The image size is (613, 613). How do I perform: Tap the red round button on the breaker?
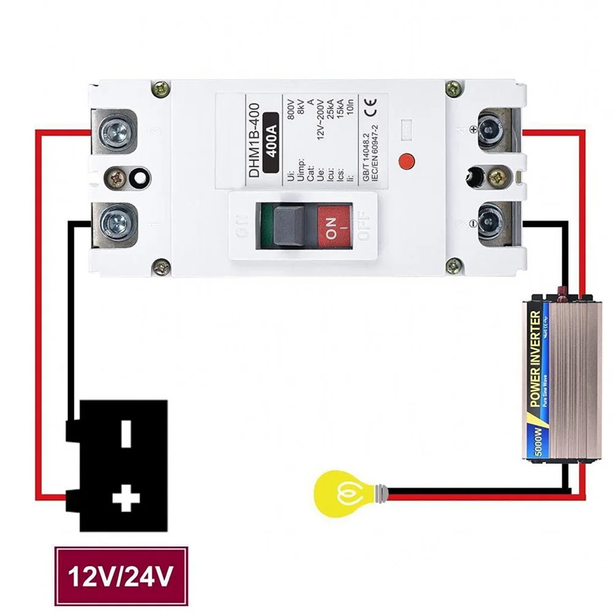(x=405, y=161)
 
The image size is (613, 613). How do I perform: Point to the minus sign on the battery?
(x=126, y=434)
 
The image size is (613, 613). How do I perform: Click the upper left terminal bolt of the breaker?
(x=115, y=130)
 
